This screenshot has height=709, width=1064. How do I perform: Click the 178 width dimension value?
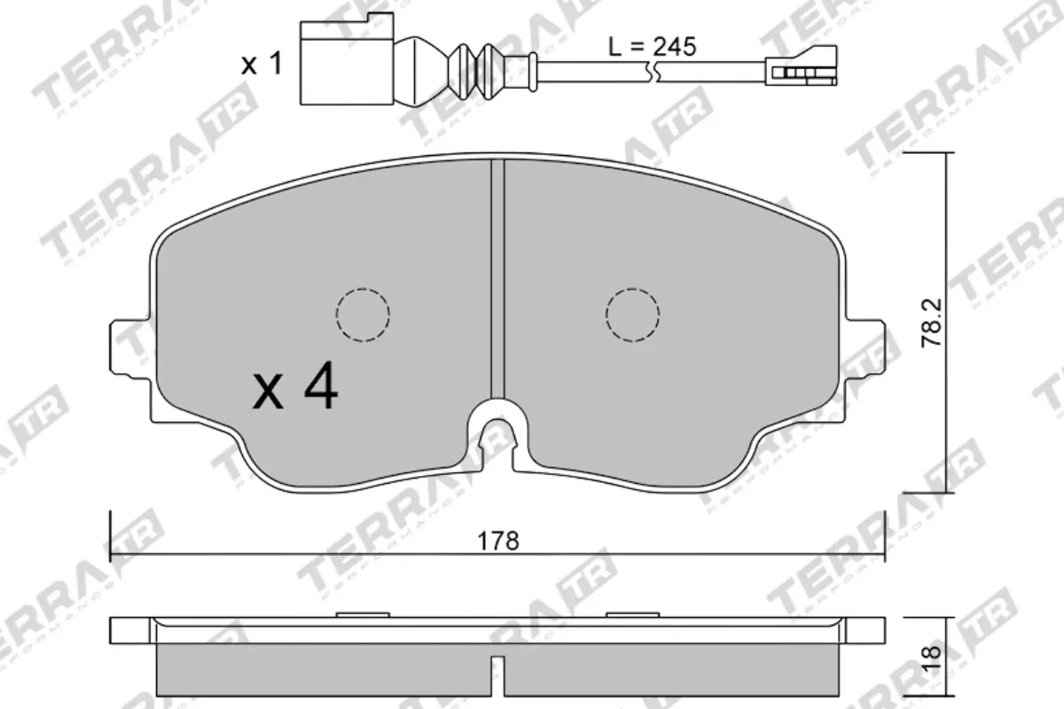point(498,541)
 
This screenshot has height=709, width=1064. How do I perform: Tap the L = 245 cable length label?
point(652,47)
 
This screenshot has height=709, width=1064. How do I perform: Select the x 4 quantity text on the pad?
point(294,389)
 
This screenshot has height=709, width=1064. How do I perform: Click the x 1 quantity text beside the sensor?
point(262,64)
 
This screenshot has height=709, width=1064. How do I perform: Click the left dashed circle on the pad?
point(363,314)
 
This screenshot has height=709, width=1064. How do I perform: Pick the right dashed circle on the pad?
point(632,314)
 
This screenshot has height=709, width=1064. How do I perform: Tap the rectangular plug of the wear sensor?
point(347,61)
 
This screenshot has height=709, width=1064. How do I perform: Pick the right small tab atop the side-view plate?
point(631,614)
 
